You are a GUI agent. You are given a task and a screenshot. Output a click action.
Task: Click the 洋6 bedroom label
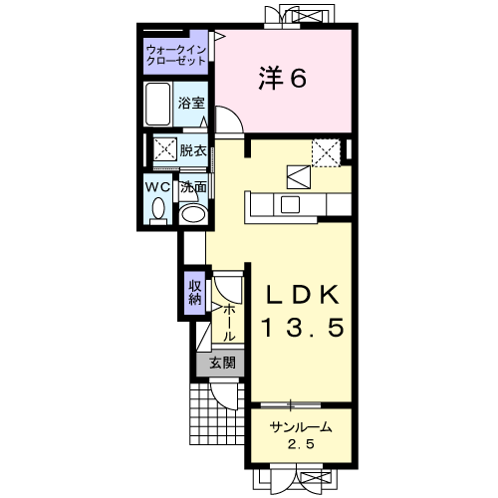point(282,79)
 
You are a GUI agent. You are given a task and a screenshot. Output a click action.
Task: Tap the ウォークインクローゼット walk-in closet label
point(176,56)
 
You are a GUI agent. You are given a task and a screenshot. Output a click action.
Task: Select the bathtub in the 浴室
point(158,104)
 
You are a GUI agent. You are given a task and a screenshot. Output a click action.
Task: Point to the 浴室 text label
point(191,103)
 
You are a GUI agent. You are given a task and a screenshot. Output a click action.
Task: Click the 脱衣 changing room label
point(193,151)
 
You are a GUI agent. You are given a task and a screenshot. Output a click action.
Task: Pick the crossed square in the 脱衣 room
point(165,149)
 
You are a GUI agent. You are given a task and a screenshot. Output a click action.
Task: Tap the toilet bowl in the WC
point(158,208)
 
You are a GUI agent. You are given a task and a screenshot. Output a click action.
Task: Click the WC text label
point(157,187)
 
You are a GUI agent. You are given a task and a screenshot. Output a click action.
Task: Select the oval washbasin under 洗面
point(192,214)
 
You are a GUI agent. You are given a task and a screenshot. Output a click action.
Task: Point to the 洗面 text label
point(193,187)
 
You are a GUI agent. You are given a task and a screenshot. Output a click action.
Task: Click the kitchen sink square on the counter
point(290,204)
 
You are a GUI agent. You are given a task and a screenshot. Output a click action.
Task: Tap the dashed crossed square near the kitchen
point(327,153)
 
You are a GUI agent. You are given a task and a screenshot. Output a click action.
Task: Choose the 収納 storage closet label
point(195,293)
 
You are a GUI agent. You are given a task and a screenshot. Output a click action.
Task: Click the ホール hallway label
point(228,323)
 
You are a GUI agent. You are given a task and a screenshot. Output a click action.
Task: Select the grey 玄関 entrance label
point(222,363)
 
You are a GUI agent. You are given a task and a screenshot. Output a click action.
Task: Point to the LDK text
point(302,295)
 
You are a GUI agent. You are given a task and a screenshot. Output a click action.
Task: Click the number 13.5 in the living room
point(302,328)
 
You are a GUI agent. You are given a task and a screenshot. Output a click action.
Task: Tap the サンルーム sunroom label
point(301,427)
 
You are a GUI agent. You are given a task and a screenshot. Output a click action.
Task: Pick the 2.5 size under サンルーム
point(301,444)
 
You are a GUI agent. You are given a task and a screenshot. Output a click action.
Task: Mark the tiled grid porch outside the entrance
point(217,414)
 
